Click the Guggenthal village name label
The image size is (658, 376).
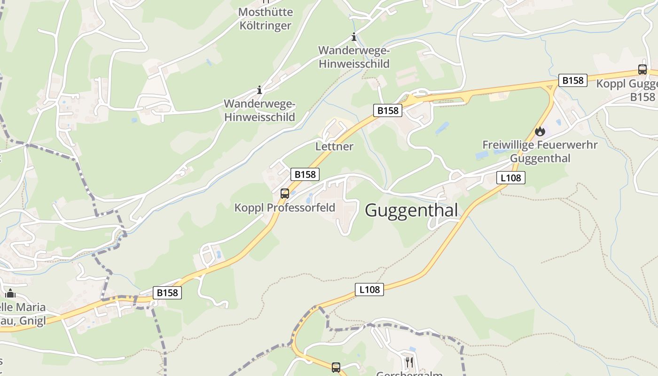tap(411, 210)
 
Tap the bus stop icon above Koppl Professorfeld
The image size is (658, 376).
tap(284, 193)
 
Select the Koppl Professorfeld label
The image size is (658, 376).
tap(285, 207)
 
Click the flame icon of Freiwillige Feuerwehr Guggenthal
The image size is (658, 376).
tap(540, 131)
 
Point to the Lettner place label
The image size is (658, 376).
tap(334, 146)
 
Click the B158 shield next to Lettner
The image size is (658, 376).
tap(388, 110)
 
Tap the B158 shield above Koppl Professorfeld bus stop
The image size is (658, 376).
tap(305, 174)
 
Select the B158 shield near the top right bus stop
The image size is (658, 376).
tap(573, 80)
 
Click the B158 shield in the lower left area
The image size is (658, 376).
tap(167, 293)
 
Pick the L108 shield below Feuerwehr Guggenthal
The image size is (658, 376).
tap(510, 178)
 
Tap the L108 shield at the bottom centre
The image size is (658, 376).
tap(369, 290)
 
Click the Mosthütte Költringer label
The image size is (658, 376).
tap(266, 19)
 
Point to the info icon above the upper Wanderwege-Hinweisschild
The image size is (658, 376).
tap(354, 37)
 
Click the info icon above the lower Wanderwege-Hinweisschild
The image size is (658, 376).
tap(259, 90)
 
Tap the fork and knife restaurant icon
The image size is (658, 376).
tap(409, 362)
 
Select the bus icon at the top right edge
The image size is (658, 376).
tap(642, 70)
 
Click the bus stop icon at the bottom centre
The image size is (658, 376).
tap(336, 367)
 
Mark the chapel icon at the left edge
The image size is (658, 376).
tap(10, 294)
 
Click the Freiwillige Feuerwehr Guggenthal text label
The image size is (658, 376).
tap(540, 151)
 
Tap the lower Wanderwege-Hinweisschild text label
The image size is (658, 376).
tap(259, 110)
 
